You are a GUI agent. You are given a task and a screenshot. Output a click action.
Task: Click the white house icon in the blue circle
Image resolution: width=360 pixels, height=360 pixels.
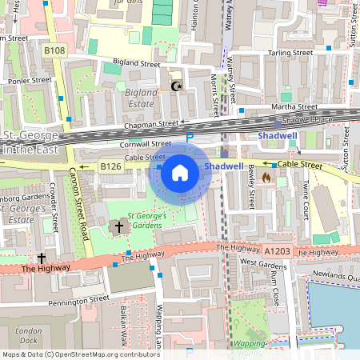pyautogui.click(x=180, y=173)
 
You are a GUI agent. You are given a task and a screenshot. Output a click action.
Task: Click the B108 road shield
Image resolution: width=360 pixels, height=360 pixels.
pyautogui.click(x=54, y=50)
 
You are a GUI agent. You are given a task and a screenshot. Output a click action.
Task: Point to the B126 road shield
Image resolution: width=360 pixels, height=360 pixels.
pyautogui.click(x=110, y=166)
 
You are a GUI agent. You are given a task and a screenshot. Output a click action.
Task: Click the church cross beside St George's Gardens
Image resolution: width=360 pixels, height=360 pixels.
pyautogui.click(x=119, y=227)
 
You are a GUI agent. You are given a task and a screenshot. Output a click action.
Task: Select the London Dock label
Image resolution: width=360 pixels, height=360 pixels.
pyautogui.click(x=29, y=335)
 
